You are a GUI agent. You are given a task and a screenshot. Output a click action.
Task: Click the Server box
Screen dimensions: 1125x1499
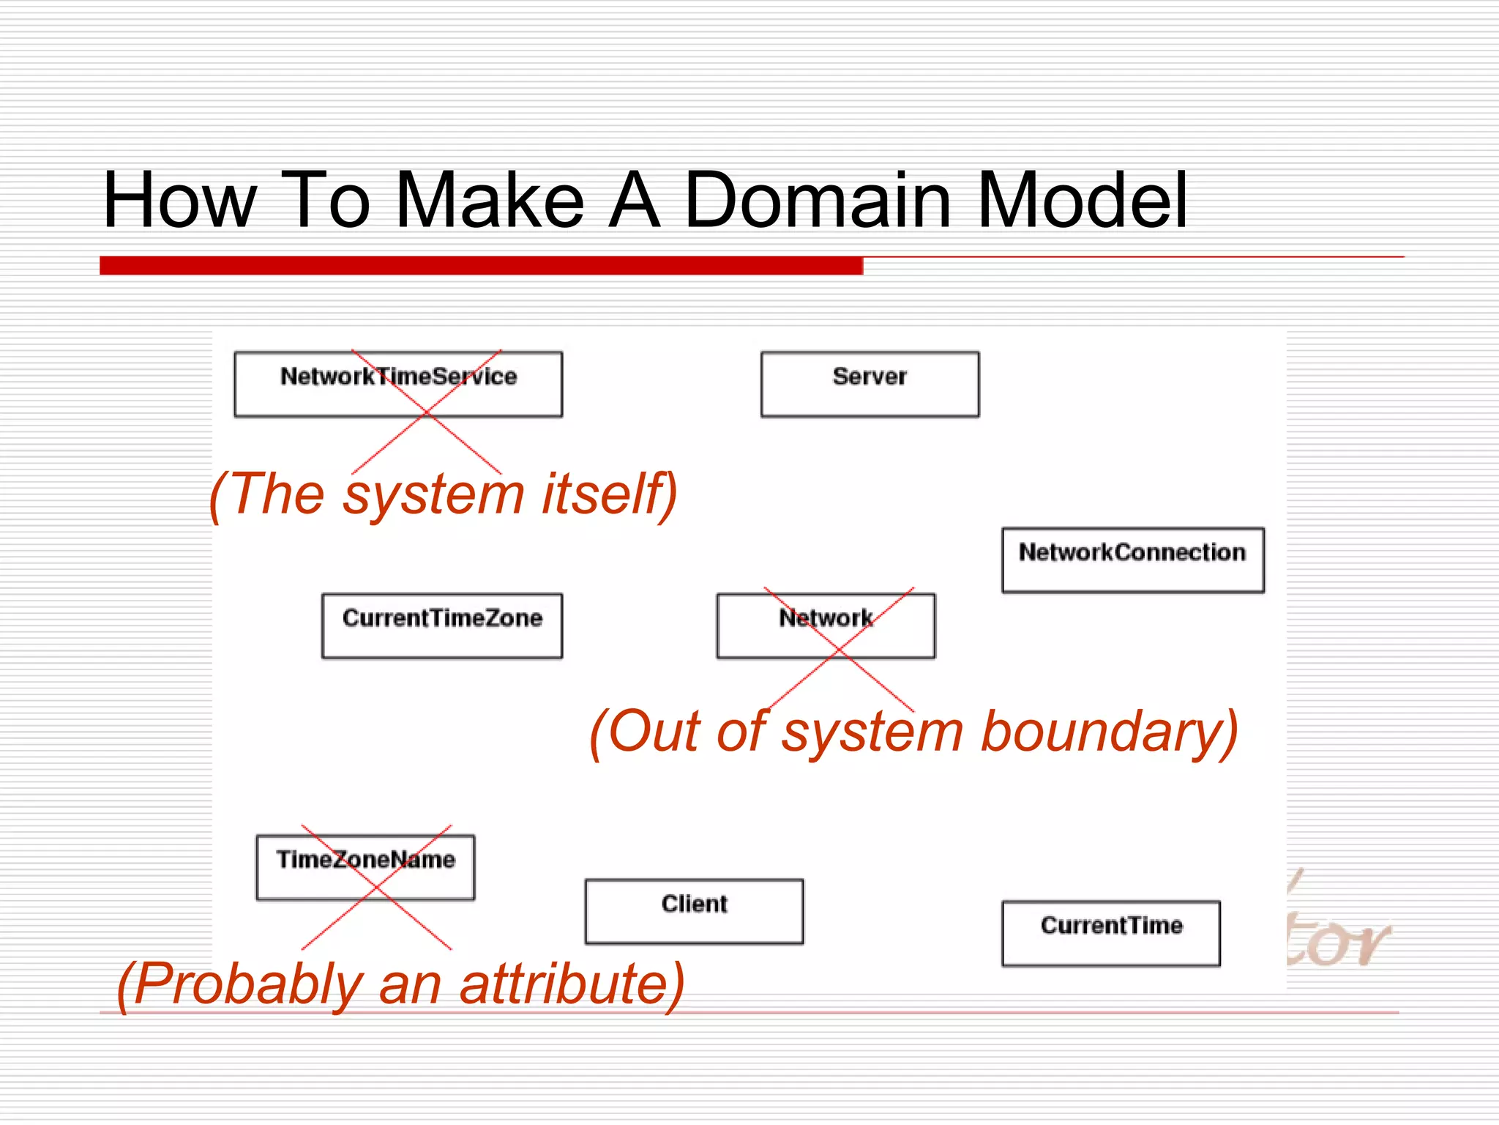[x=870, y=384]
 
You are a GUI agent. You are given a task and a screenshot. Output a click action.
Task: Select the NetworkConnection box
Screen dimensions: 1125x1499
[x=1132, y=560]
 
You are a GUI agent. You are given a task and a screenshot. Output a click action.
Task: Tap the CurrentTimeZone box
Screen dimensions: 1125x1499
[x=442, y=625]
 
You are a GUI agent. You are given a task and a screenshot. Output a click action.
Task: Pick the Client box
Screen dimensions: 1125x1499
[x=694, y=911]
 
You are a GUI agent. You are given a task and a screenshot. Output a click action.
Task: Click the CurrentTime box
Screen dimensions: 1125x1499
[x=1110, y=933]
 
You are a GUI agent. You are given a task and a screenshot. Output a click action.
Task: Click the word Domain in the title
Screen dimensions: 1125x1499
[x=818, y=200]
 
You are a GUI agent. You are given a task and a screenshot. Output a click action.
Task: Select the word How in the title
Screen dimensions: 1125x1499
[x=180, y=200]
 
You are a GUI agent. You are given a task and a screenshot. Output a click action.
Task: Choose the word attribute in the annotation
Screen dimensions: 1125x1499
[x=571, y=984]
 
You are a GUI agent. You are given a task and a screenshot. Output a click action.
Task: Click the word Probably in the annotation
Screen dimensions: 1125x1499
[x=247, y=984]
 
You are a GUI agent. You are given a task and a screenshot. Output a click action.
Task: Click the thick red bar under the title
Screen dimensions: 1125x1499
[x=481, y=265]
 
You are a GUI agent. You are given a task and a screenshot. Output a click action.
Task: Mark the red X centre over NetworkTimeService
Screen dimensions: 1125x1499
[x=427, y=412]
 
